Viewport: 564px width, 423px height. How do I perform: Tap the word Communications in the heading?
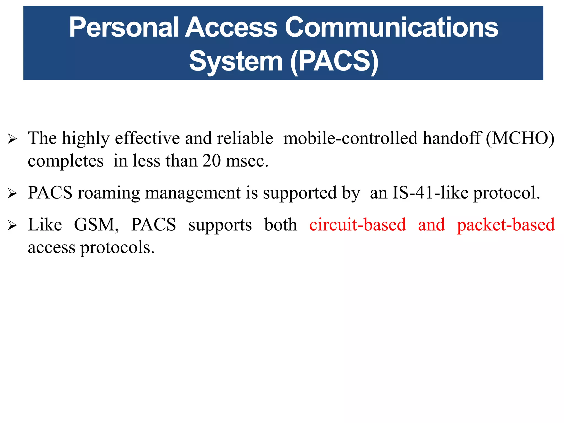tap(391, 27)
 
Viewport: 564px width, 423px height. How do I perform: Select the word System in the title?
tap(236, 61)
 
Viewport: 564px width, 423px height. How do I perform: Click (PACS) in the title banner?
tap(334, 61)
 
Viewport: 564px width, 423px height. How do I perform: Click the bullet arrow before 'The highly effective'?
tap(12, 139)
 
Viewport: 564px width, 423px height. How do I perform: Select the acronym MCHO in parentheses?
tap(520, 138)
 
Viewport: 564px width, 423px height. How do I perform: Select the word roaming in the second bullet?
tap(109, 193)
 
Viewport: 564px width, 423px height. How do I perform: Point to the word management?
tap(193, 193)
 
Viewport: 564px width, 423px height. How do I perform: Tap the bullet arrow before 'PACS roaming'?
tap(12, 193)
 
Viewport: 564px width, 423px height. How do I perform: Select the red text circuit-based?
tap(357, 225)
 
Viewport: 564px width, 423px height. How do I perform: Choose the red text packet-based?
tap(506, 225)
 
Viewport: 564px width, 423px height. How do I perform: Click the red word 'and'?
tap(431, 225)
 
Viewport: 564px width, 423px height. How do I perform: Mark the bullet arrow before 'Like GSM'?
tap(12, 226)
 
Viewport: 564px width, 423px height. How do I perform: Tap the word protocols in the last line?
tap(117, 248)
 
